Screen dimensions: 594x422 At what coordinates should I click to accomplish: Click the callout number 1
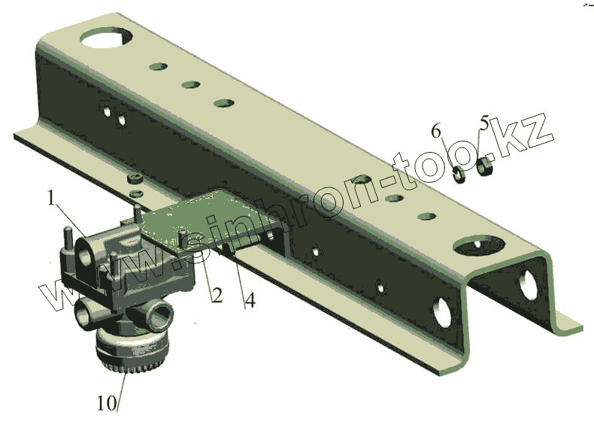pos(52,198)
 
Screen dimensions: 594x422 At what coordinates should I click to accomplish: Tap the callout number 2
pos(217,295)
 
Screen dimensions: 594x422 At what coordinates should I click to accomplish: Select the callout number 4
pos(250,299)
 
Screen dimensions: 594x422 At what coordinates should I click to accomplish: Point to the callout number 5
pos(484,123)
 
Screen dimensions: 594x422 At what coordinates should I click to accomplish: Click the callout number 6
pos(436,131)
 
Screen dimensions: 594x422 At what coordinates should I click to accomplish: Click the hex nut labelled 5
pos(483,166)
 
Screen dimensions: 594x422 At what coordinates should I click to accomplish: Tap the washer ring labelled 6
pos(459,174)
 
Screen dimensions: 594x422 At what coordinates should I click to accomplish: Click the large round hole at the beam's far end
pos(106,38)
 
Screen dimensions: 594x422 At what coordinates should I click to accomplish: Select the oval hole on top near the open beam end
pos(479,246)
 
